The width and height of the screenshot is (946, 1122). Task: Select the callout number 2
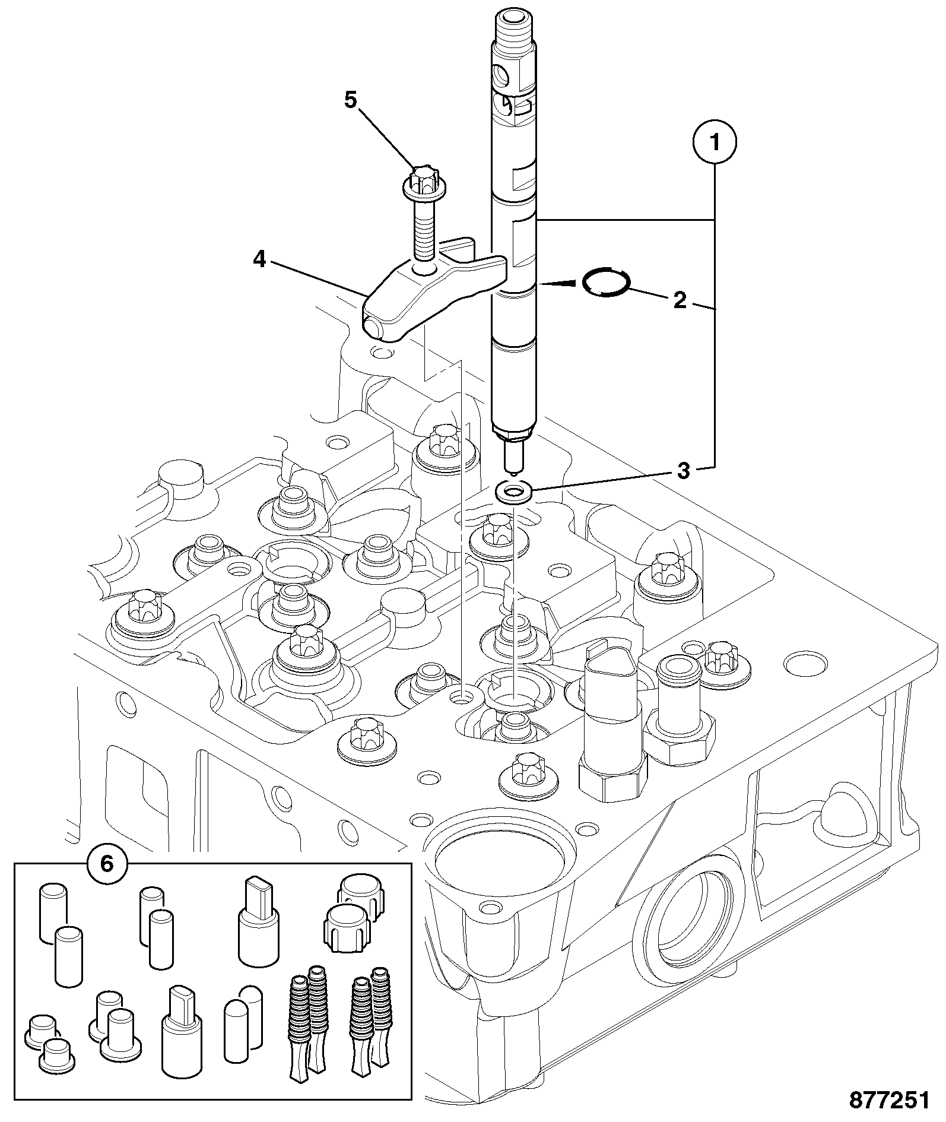click(x=680, y=300)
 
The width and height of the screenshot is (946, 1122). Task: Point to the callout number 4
click(x=259, y=259)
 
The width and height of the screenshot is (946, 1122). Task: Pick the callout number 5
click(x=351, y=100)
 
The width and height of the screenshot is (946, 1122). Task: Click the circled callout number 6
click(x=106, y=864)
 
